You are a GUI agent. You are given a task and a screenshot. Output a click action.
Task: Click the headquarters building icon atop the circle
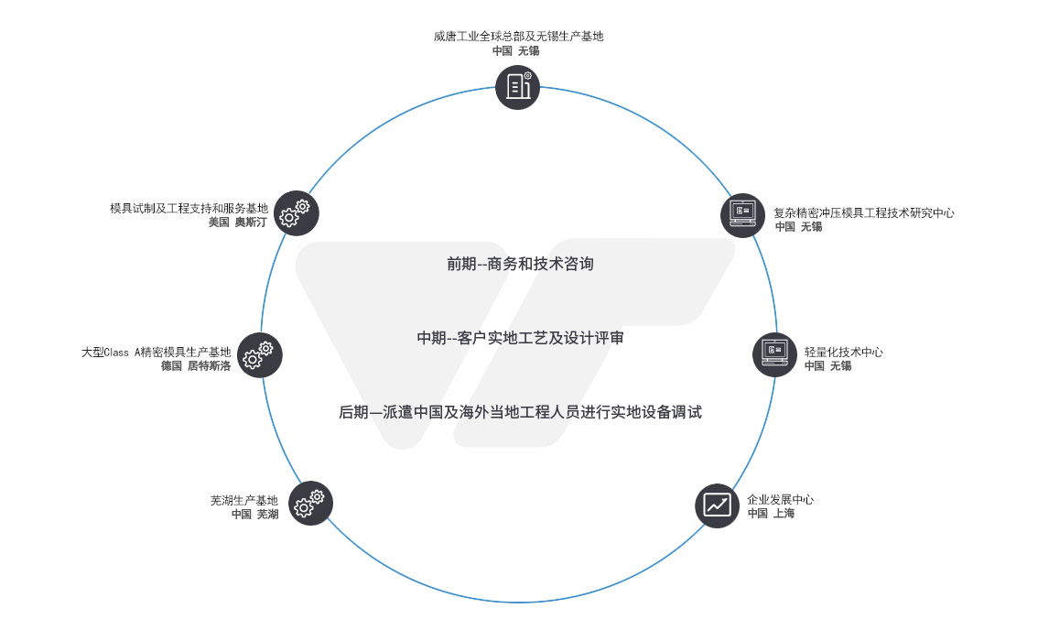click(518, 87)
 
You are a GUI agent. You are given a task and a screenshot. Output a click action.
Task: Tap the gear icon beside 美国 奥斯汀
click(296, 212)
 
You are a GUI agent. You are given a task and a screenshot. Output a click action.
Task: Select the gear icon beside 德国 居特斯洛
click(259, 353)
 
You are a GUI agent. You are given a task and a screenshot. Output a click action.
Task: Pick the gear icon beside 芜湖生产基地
click(310, 503)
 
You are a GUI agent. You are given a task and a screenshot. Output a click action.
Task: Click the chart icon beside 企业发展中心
click(717, 505)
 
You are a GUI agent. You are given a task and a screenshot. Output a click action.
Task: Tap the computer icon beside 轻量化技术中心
click(774, 353)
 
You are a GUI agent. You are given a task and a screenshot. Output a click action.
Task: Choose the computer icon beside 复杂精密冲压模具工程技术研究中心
click(741, 215)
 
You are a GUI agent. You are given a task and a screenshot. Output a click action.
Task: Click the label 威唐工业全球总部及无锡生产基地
click(518, 37)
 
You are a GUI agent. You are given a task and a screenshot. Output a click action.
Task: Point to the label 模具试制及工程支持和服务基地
click(189, 208)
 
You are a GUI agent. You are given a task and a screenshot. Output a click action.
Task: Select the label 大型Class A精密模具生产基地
click(156, 352)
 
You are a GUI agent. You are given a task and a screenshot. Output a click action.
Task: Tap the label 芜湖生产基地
click(243, 500)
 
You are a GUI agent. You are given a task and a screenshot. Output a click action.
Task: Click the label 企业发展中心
click(780, 500)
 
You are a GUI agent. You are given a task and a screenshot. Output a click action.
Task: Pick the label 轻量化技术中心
click(843, 352)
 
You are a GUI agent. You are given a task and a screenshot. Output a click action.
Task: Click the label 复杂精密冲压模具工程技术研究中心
click(863, 212)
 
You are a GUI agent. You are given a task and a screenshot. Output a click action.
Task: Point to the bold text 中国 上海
click(771, 514)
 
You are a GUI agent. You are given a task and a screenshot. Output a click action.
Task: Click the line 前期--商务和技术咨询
click(520, 264)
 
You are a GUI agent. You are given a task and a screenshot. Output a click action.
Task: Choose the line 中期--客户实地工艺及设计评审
click(520, 338)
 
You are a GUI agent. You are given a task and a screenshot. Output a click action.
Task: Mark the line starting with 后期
click(520, 412)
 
